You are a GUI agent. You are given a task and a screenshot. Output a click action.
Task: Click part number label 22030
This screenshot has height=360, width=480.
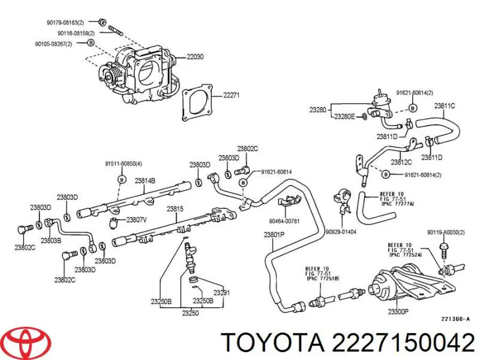195,57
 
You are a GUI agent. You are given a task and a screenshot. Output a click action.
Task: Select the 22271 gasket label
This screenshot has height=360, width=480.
231,95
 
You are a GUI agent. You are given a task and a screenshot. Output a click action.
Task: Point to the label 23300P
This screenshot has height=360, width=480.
398,311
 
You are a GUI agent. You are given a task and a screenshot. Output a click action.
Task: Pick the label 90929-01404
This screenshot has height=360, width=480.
341,231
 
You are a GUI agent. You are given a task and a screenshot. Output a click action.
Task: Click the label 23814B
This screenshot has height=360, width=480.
145,180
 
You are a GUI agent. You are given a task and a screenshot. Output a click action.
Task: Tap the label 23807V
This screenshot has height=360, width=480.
136,220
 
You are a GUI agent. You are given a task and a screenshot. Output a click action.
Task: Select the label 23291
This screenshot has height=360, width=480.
222,293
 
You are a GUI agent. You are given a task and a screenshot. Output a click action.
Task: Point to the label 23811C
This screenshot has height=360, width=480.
445,106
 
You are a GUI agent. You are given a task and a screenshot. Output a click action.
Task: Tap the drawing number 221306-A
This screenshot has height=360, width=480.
455,319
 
